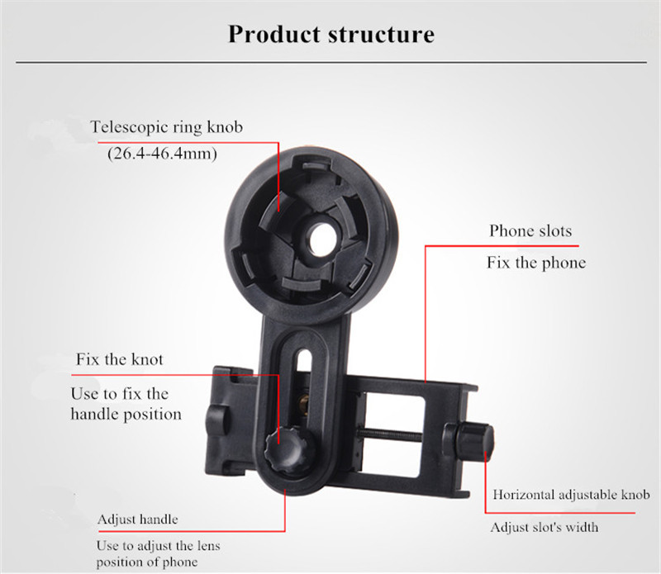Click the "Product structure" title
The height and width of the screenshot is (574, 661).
330,35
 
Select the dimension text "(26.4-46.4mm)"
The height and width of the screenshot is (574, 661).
161,154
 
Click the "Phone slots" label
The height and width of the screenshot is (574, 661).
530,230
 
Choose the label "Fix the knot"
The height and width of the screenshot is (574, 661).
119,359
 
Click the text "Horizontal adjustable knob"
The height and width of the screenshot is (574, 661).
571,496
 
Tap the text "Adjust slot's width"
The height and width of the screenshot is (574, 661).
544,527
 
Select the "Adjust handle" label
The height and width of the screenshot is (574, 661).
137,519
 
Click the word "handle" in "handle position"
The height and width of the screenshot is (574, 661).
97,414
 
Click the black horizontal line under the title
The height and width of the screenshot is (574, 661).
330,62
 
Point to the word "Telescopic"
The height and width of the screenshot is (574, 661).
129,127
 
